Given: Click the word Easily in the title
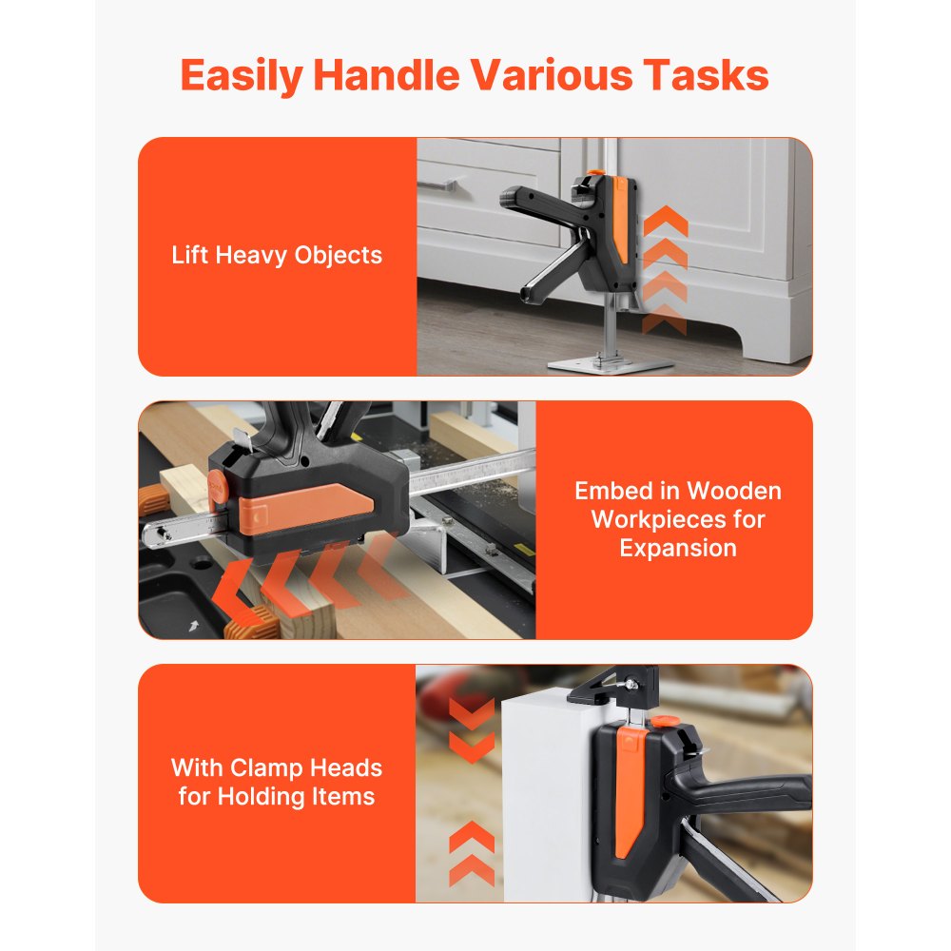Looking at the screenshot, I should tap(241, 75).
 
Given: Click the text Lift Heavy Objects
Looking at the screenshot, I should tap(277, 256).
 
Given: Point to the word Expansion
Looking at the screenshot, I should tap(677, 548).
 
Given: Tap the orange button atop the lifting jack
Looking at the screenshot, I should tap(593, 175).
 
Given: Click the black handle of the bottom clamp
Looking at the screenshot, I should tap(751, 792).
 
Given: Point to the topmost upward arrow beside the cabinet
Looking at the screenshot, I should tap(665, 220).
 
